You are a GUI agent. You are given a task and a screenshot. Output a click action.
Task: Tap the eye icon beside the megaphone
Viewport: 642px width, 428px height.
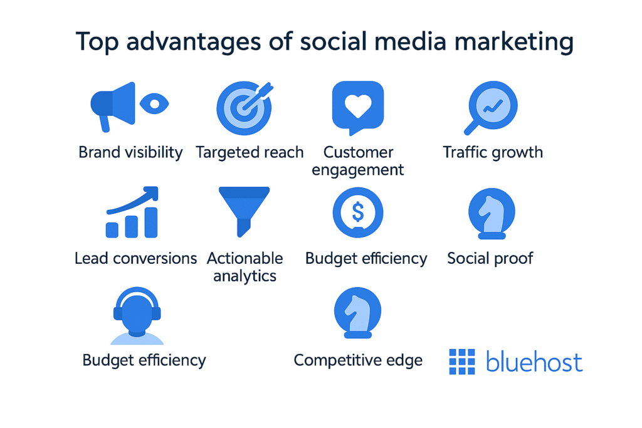(154, 103)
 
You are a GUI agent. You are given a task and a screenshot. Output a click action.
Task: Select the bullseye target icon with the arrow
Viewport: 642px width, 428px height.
(245, 108)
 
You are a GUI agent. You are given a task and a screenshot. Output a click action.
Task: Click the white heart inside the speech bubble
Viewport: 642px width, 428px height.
(358, 105)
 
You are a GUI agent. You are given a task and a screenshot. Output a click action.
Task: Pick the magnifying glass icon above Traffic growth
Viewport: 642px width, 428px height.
(491, 108)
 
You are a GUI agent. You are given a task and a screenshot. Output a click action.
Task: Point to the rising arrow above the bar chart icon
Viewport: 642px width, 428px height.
(133, 200)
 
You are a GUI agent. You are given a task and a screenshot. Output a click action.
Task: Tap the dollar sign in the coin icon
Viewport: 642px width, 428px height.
(358, 212)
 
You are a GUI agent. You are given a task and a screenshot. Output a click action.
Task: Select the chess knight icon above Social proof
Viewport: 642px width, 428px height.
(492, 214)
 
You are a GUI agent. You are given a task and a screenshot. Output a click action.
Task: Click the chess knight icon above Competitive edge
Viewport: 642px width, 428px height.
(358, 313)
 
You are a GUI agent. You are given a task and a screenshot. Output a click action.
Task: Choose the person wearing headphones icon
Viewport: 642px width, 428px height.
(137, 316)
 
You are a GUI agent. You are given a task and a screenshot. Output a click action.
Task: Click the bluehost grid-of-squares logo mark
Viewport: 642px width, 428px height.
(462, 362)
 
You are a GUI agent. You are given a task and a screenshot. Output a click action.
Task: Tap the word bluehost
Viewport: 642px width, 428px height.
(534, 362)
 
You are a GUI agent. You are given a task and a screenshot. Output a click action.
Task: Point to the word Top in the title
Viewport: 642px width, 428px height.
(97, 43)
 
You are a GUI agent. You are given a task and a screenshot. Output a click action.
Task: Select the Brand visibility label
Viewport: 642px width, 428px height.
(130, 153)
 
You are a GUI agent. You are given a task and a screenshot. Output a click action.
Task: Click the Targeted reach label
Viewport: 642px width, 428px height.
(250, 153)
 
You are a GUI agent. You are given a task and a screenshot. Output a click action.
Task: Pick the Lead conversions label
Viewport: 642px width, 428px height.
(135, 259)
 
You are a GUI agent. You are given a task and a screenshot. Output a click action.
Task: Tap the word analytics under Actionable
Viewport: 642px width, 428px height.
(245, 276)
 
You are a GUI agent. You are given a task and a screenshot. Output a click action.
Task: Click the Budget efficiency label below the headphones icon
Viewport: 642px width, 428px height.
(144, 360)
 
